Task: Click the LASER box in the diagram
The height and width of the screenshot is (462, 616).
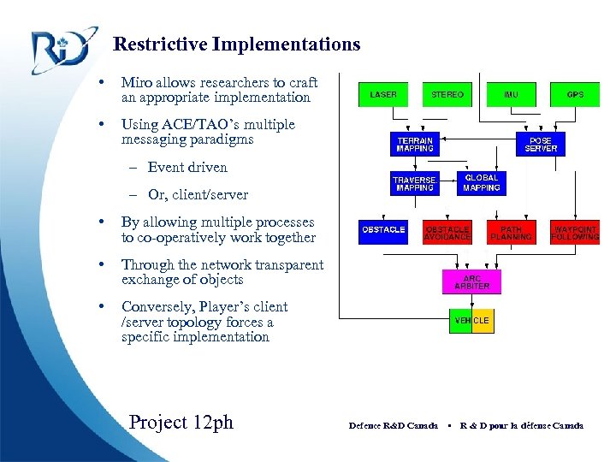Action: [x=383, y=94]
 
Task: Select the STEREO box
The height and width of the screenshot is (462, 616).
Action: [x=447, y=94]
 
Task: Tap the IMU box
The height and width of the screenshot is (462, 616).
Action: [x=511, y=94]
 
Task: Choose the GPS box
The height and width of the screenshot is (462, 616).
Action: [x=575, y=94]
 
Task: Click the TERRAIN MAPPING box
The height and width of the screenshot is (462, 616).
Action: [x=415, y=144]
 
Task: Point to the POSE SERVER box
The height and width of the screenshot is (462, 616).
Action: [x=541, y=144]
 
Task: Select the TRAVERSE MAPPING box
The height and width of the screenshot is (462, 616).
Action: [x=414, y=184]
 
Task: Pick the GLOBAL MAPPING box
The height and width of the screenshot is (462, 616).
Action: [x=481, y=183]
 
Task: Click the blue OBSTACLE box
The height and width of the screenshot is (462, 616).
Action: [x=383, y=231]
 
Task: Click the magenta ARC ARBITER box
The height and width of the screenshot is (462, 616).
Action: [x=471, y=281]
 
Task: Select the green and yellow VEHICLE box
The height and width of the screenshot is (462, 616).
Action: [x=471, y=321]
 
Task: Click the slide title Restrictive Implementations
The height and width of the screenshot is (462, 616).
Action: [x=237, y=44]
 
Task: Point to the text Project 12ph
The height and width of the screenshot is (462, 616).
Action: [x=181, y=422]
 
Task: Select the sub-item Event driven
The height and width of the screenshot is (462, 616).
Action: [x=187, y=167]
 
